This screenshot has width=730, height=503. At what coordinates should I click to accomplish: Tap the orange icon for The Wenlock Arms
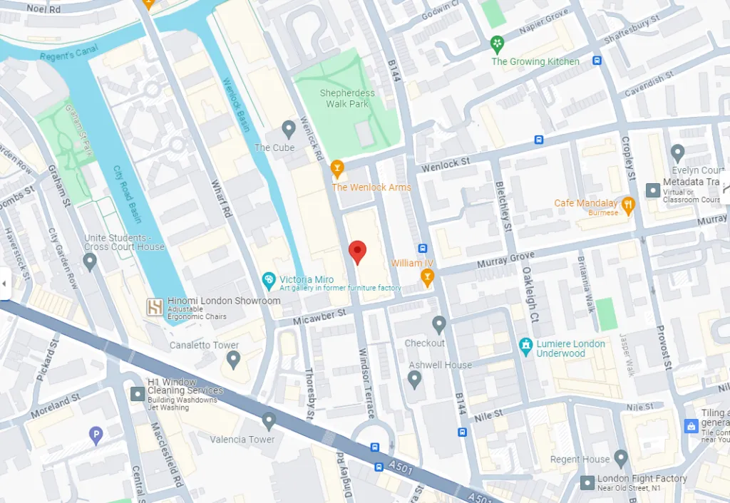pyautogui.click(x=337, y=169)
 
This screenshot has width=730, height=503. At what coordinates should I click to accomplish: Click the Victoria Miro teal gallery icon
pyautogui.click(x=269, y=280)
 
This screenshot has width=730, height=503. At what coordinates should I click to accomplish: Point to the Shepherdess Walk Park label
pyautogui.click(x=348, y=98)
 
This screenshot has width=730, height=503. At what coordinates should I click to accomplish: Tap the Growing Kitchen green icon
pyautogui.click(x=497, y=45)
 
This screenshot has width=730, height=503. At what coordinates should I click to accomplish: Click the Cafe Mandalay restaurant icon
pyautogui.click(x=627, y=206)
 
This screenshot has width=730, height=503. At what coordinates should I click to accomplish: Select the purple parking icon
pyautogui.click(x=96, y=435)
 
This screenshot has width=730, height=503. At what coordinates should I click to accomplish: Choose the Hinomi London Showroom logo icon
pyautogui.click(x=155, y=306)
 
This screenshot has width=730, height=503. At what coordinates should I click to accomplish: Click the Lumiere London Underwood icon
pyautogui.click(x=526, y=347)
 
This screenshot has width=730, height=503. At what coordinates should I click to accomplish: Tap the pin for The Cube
pyautogui.click(x=288, y=129)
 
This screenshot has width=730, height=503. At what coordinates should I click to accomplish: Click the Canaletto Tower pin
pyautogui.click(x=233, y=359)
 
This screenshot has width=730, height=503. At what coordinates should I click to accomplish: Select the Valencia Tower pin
pyautogui.click(x=268, y=421)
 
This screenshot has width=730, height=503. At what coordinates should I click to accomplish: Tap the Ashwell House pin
pyautogui.click(x=415, y=379)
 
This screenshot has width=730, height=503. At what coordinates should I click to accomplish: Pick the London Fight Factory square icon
pyautogui.click(x=587, y=483)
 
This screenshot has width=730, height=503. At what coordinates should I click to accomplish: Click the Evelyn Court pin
pyautogui.click(x=677, y=152)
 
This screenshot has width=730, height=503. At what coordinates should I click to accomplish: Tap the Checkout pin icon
pyautogui.click(x=439, y=325)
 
